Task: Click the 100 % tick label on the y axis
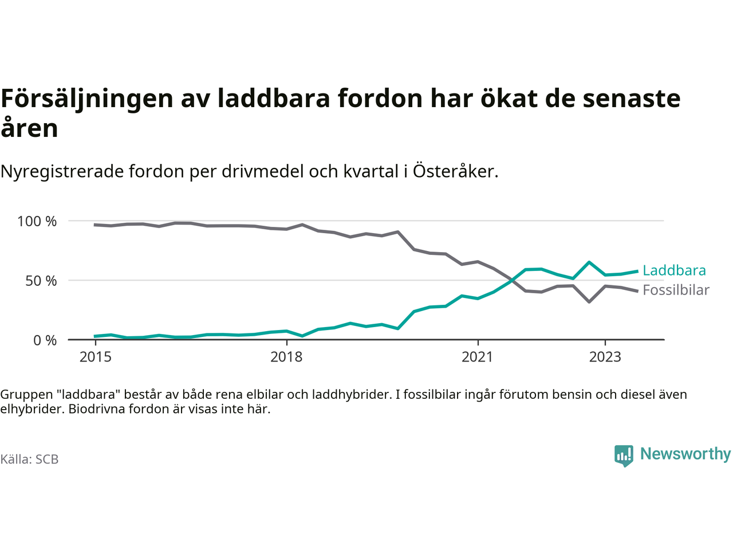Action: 37,221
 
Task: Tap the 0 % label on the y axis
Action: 45,340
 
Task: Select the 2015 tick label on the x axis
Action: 96,357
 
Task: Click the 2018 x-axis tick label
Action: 286,357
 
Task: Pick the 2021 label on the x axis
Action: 477,357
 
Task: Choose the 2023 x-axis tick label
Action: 605,357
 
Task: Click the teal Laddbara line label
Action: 674,270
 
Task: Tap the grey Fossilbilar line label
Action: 676,290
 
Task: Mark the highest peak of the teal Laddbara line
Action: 589,262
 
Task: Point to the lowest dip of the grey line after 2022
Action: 589,301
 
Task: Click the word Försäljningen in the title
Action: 86,99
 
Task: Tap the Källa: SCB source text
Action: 29,459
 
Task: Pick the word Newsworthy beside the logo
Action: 685,454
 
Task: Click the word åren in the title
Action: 29,128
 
